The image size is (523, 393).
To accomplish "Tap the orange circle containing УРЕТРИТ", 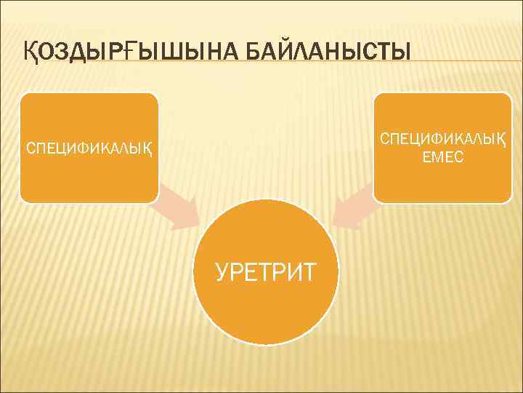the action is (266, 306).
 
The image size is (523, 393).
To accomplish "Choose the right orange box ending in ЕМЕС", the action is (442, 182).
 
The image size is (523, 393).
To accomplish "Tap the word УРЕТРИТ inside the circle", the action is (266, 271).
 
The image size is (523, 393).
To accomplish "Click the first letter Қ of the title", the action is (28, 52).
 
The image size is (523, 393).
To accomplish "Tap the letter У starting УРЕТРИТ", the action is (222, 271).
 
